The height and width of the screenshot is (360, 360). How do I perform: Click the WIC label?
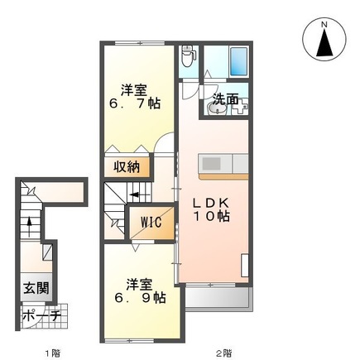click(150, 223)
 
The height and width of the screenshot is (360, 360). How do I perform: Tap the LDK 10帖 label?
click(211, 209)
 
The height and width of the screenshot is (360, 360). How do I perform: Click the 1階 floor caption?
click(51, 352)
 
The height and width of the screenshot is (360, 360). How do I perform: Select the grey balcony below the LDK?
click(214, 295)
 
